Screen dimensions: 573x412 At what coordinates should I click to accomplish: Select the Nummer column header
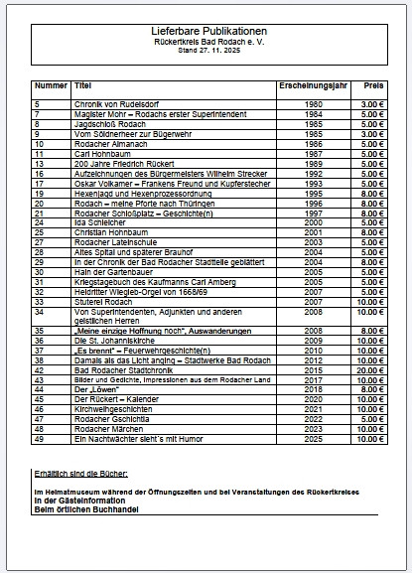tap(51, 86)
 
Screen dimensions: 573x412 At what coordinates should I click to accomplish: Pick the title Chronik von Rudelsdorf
tap(112, 103)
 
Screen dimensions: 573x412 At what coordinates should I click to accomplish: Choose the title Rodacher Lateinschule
tap(111, 241)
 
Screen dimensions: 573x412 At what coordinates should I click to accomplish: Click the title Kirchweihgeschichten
tap(111, 408)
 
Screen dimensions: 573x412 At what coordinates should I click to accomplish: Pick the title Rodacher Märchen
tap(105, 428)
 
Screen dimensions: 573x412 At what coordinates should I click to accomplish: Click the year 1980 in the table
tap(313, 103)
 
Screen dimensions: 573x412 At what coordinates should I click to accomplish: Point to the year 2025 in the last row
tap(313, 438)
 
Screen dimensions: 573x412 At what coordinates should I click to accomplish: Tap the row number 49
tap(39, 438)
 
